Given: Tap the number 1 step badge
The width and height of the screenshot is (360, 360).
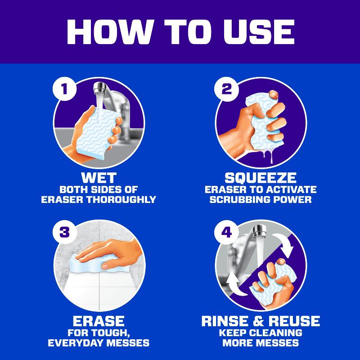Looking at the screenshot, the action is (64, 89).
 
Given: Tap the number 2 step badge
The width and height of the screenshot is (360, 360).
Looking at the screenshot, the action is (226, 89).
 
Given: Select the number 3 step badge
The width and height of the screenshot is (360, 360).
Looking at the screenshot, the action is (64, 232).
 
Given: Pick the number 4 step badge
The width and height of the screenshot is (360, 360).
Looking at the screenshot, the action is (226, 232).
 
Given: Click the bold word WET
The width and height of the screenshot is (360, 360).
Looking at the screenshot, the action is (99, 178).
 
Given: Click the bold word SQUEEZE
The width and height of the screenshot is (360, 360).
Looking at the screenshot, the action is (261, 178).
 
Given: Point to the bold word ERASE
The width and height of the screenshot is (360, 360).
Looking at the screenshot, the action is (99, 321).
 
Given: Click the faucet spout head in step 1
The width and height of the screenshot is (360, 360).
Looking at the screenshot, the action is (100, 89).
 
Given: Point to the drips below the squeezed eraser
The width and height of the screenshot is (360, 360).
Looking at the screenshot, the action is (269, 154).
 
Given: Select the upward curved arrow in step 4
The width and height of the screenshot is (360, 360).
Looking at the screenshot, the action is (234, 284).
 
